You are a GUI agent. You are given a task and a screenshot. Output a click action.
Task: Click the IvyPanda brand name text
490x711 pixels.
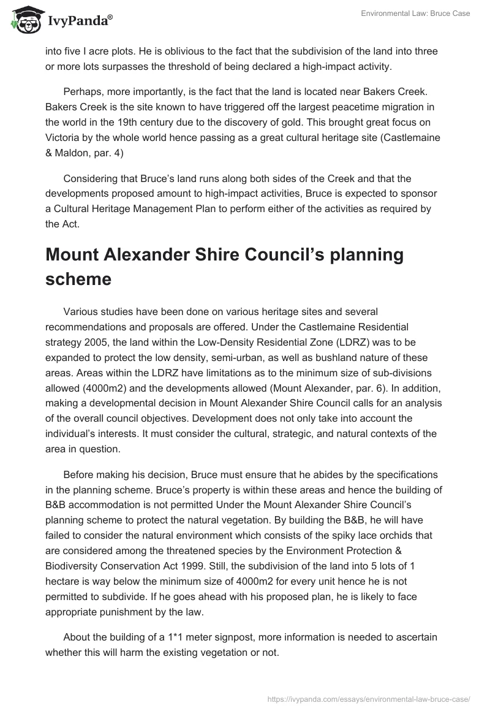80,21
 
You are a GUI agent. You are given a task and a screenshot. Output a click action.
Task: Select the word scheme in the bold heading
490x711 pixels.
78,279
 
